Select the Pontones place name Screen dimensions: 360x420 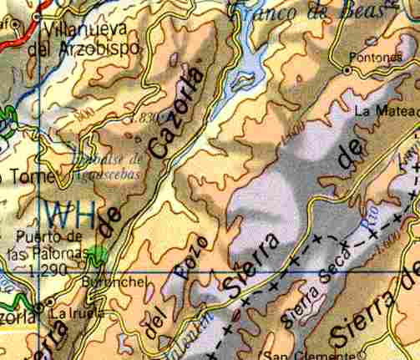[371, 58]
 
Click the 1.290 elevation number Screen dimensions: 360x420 [46, 270]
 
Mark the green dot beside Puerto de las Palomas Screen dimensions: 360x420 [101, 253]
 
